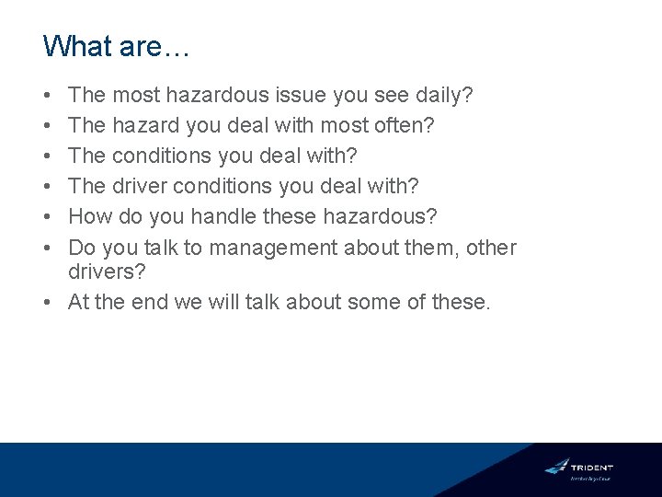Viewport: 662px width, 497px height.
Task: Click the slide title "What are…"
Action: click(x=116, y=46)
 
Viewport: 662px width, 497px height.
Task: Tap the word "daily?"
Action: click(x=442, y=95)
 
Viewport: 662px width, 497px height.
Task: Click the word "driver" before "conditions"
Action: click(x=139, y=186)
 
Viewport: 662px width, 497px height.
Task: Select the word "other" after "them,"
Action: click(x=491, y=248)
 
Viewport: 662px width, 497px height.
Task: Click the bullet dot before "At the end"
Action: click(x=48, y=303)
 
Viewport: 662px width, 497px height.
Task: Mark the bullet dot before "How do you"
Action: click(x=48, y=217)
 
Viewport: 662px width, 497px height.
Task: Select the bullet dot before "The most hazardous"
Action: click(x=48, y=95)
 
